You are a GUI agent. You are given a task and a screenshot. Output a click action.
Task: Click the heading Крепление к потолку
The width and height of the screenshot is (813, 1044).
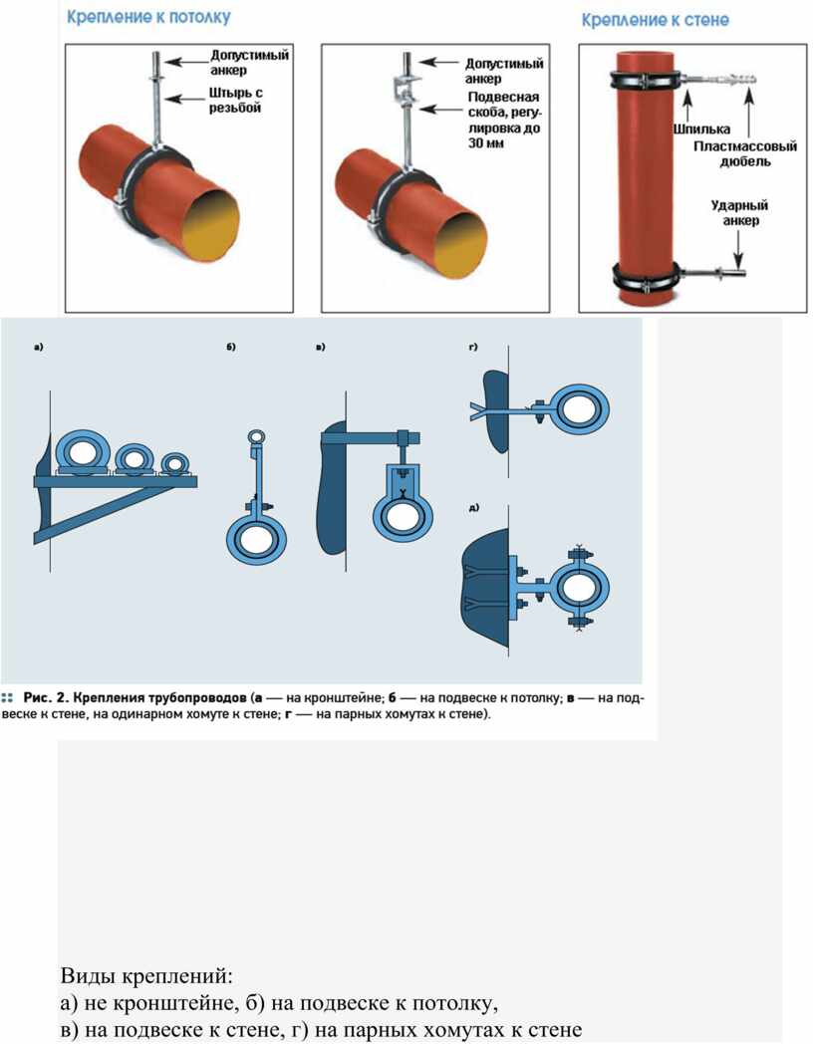click(x=148, y=17)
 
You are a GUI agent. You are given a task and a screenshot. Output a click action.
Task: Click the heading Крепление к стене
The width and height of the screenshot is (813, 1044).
click(x=656, y=20)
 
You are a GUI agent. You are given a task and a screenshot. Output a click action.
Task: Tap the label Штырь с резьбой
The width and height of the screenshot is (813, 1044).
click(x=235, y=100)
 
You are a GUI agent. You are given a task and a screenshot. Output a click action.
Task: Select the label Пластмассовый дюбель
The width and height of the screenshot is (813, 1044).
click(x=745, y=153)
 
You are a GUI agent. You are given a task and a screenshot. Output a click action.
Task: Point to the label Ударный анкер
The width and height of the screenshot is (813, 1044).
click(x=739, y=213)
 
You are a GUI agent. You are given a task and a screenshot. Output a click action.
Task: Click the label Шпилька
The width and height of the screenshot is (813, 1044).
click(x=701, y=130)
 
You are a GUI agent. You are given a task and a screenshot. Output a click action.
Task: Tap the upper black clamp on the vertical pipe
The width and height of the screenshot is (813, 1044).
click(x=646, y=81)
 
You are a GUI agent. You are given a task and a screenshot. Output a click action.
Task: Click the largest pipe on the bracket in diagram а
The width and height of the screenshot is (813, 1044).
click(x=81, y=451)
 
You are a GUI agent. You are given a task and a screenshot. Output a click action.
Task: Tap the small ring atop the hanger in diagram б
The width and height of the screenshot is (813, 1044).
click(x=256, y=436)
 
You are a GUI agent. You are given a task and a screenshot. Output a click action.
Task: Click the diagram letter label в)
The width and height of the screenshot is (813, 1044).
click(x=320, y=347)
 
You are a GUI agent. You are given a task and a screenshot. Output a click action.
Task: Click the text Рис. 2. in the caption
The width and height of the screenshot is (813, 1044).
click(x=46, y=697)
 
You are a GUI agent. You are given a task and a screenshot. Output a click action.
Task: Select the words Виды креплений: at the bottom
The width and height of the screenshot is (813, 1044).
click(x=146, y=976)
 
